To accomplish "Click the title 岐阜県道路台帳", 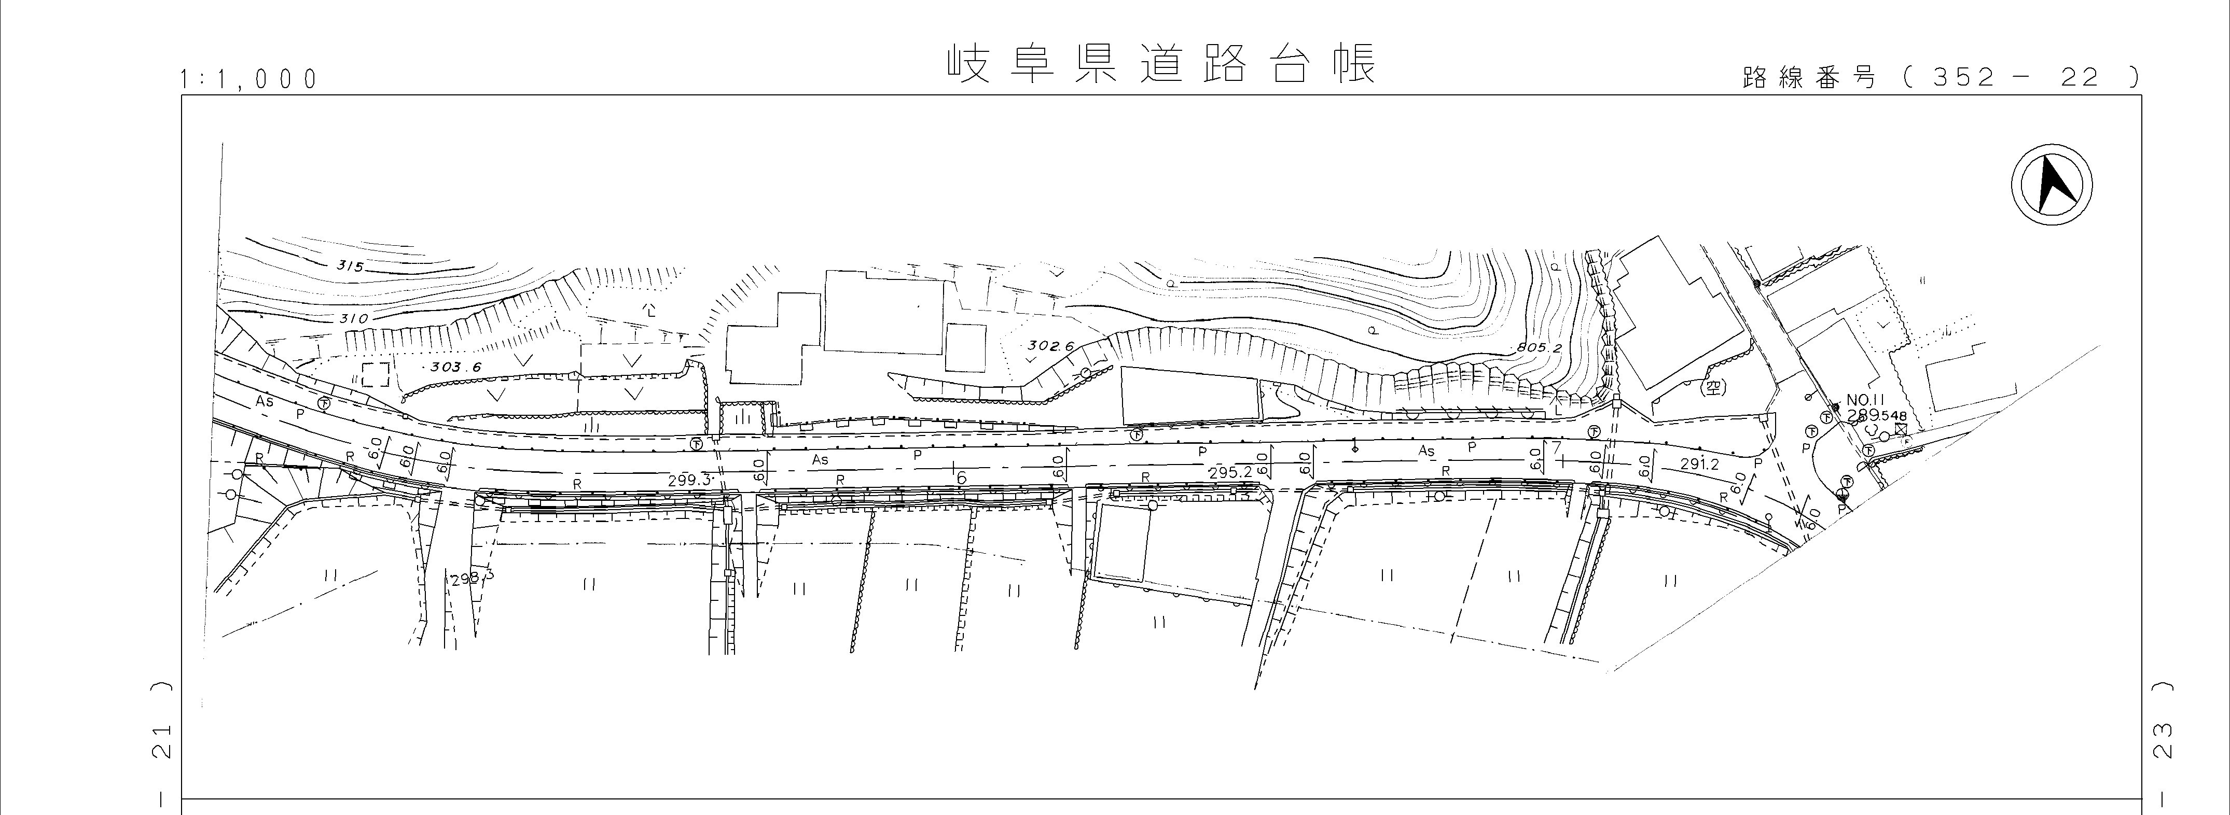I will point(1160,65).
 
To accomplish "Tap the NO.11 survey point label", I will point(1865,400).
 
